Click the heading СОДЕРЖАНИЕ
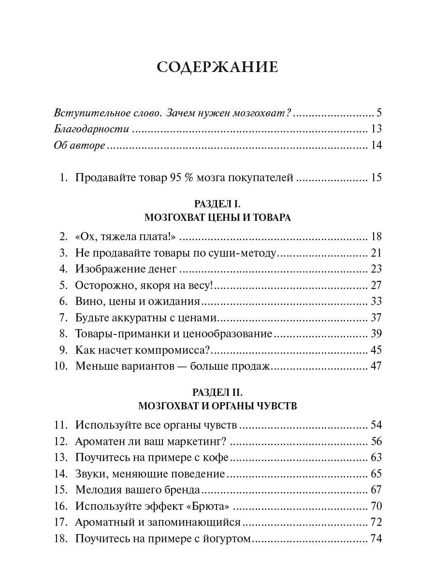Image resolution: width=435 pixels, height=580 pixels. point(217,67)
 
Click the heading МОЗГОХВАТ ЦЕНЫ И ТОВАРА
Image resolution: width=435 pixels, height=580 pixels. point(217,217)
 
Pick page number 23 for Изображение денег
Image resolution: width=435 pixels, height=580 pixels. point(376,269)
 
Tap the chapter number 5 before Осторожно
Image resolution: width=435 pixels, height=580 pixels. point(62,285)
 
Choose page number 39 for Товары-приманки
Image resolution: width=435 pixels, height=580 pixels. point(376,334)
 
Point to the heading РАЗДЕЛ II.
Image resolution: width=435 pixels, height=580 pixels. point(217,393)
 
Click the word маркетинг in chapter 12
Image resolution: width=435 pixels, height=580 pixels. point(195,441)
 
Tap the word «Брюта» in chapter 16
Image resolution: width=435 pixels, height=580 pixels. point(210,506)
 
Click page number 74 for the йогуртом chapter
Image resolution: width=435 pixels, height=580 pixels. point(376,538)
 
